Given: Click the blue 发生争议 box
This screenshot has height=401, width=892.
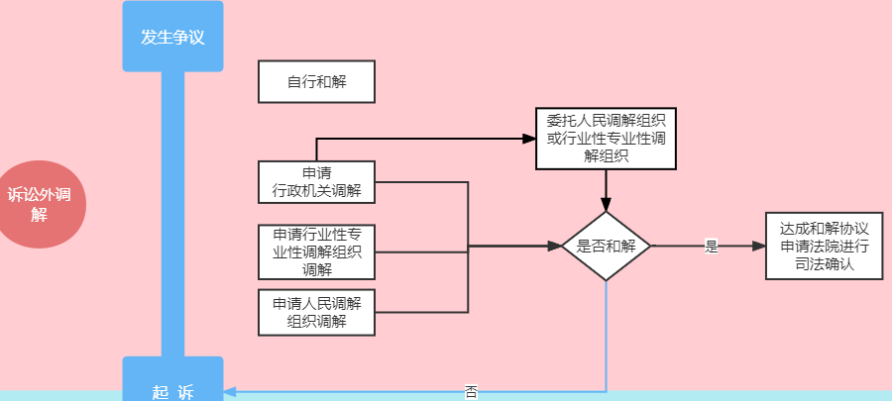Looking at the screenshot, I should point(172,37).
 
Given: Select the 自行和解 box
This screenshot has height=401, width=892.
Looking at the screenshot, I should point(316,81).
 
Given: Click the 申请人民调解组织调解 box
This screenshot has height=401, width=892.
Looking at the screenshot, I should point(316,311).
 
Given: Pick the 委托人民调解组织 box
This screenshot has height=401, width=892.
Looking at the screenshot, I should point(606,138).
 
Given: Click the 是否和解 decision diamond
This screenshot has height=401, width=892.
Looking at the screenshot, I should point(606,246).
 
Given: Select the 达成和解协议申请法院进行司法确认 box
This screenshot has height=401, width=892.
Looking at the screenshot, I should point(824,246).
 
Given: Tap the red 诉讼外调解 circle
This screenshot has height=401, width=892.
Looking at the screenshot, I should point(39,204).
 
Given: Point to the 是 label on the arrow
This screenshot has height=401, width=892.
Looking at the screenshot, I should point(710,247).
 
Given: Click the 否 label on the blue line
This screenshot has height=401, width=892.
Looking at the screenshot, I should point(471,391).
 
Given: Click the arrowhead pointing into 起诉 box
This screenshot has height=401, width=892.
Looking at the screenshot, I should point(230,391).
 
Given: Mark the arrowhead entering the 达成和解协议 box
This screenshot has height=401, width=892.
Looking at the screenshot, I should point(759,246).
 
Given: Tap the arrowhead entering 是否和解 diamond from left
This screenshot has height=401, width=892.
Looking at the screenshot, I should point(555,246).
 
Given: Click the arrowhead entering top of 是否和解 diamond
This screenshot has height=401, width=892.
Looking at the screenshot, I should point(606,204).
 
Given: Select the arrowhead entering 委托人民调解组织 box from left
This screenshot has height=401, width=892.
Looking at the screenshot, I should point(529,138).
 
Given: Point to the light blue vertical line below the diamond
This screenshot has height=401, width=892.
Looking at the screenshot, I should point(606,337).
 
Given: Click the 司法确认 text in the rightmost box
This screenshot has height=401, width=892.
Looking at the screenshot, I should point(824,265).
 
